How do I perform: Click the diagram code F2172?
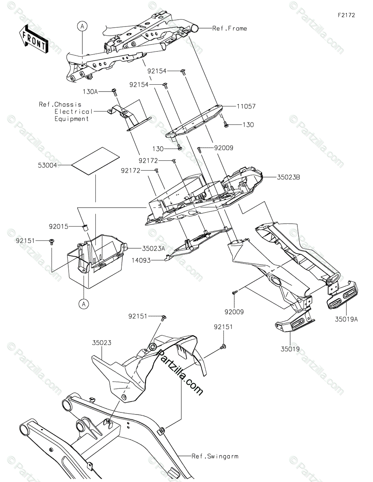pyautogui.click(x=346, y=15)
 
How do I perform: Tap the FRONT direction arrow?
pyautogui.click(x=34, y=38)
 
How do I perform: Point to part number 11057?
pyautogui.click(x=247, y=106)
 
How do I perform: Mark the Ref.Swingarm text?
pyautogui.click(x=215, y=456)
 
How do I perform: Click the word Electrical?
pyautogui.click(x=73, y=112)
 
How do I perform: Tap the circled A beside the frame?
pyautogui.click(x=82, y=27)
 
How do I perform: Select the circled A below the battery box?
pyautogui.click(x=84, y=304)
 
